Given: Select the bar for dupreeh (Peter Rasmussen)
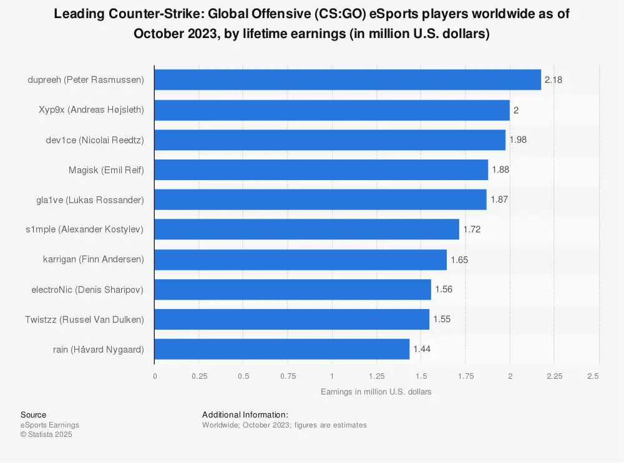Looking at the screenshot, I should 348,80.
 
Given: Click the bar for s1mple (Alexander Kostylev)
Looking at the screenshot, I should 306,229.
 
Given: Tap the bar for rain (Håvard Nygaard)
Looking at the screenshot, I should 281,349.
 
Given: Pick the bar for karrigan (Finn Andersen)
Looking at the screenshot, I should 300,259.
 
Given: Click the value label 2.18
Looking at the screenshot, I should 553,80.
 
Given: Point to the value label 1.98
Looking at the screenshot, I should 518,140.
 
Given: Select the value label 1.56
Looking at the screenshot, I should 444,289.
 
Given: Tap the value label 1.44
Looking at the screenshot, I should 422,349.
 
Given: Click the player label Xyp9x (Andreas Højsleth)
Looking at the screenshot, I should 91,110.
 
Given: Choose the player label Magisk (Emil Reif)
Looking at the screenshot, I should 106,169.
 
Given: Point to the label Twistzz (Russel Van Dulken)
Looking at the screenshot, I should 84,319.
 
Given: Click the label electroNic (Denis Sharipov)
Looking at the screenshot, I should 87,289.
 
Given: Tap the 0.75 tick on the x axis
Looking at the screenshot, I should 288,376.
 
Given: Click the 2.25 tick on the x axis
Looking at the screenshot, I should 554,376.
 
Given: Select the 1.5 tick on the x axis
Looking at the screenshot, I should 421,376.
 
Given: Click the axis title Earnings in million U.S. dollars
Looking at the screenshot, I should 376,392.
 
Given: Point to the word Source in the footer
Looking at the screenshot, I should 33,415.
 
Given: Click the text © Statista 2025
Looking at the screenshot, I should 46,434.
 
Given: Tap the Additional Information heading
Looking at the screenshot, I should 245,415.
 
